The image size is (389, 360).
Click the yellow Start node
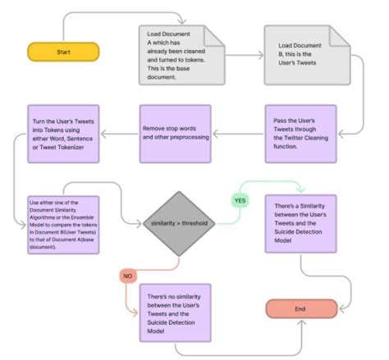tap(63, 52)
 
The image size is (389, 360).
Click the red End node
tap(300, 308)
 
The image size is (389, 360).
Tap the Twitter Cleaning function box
tap(300, 130)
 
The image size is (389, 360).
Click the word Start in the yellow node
tap(63, 52)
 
